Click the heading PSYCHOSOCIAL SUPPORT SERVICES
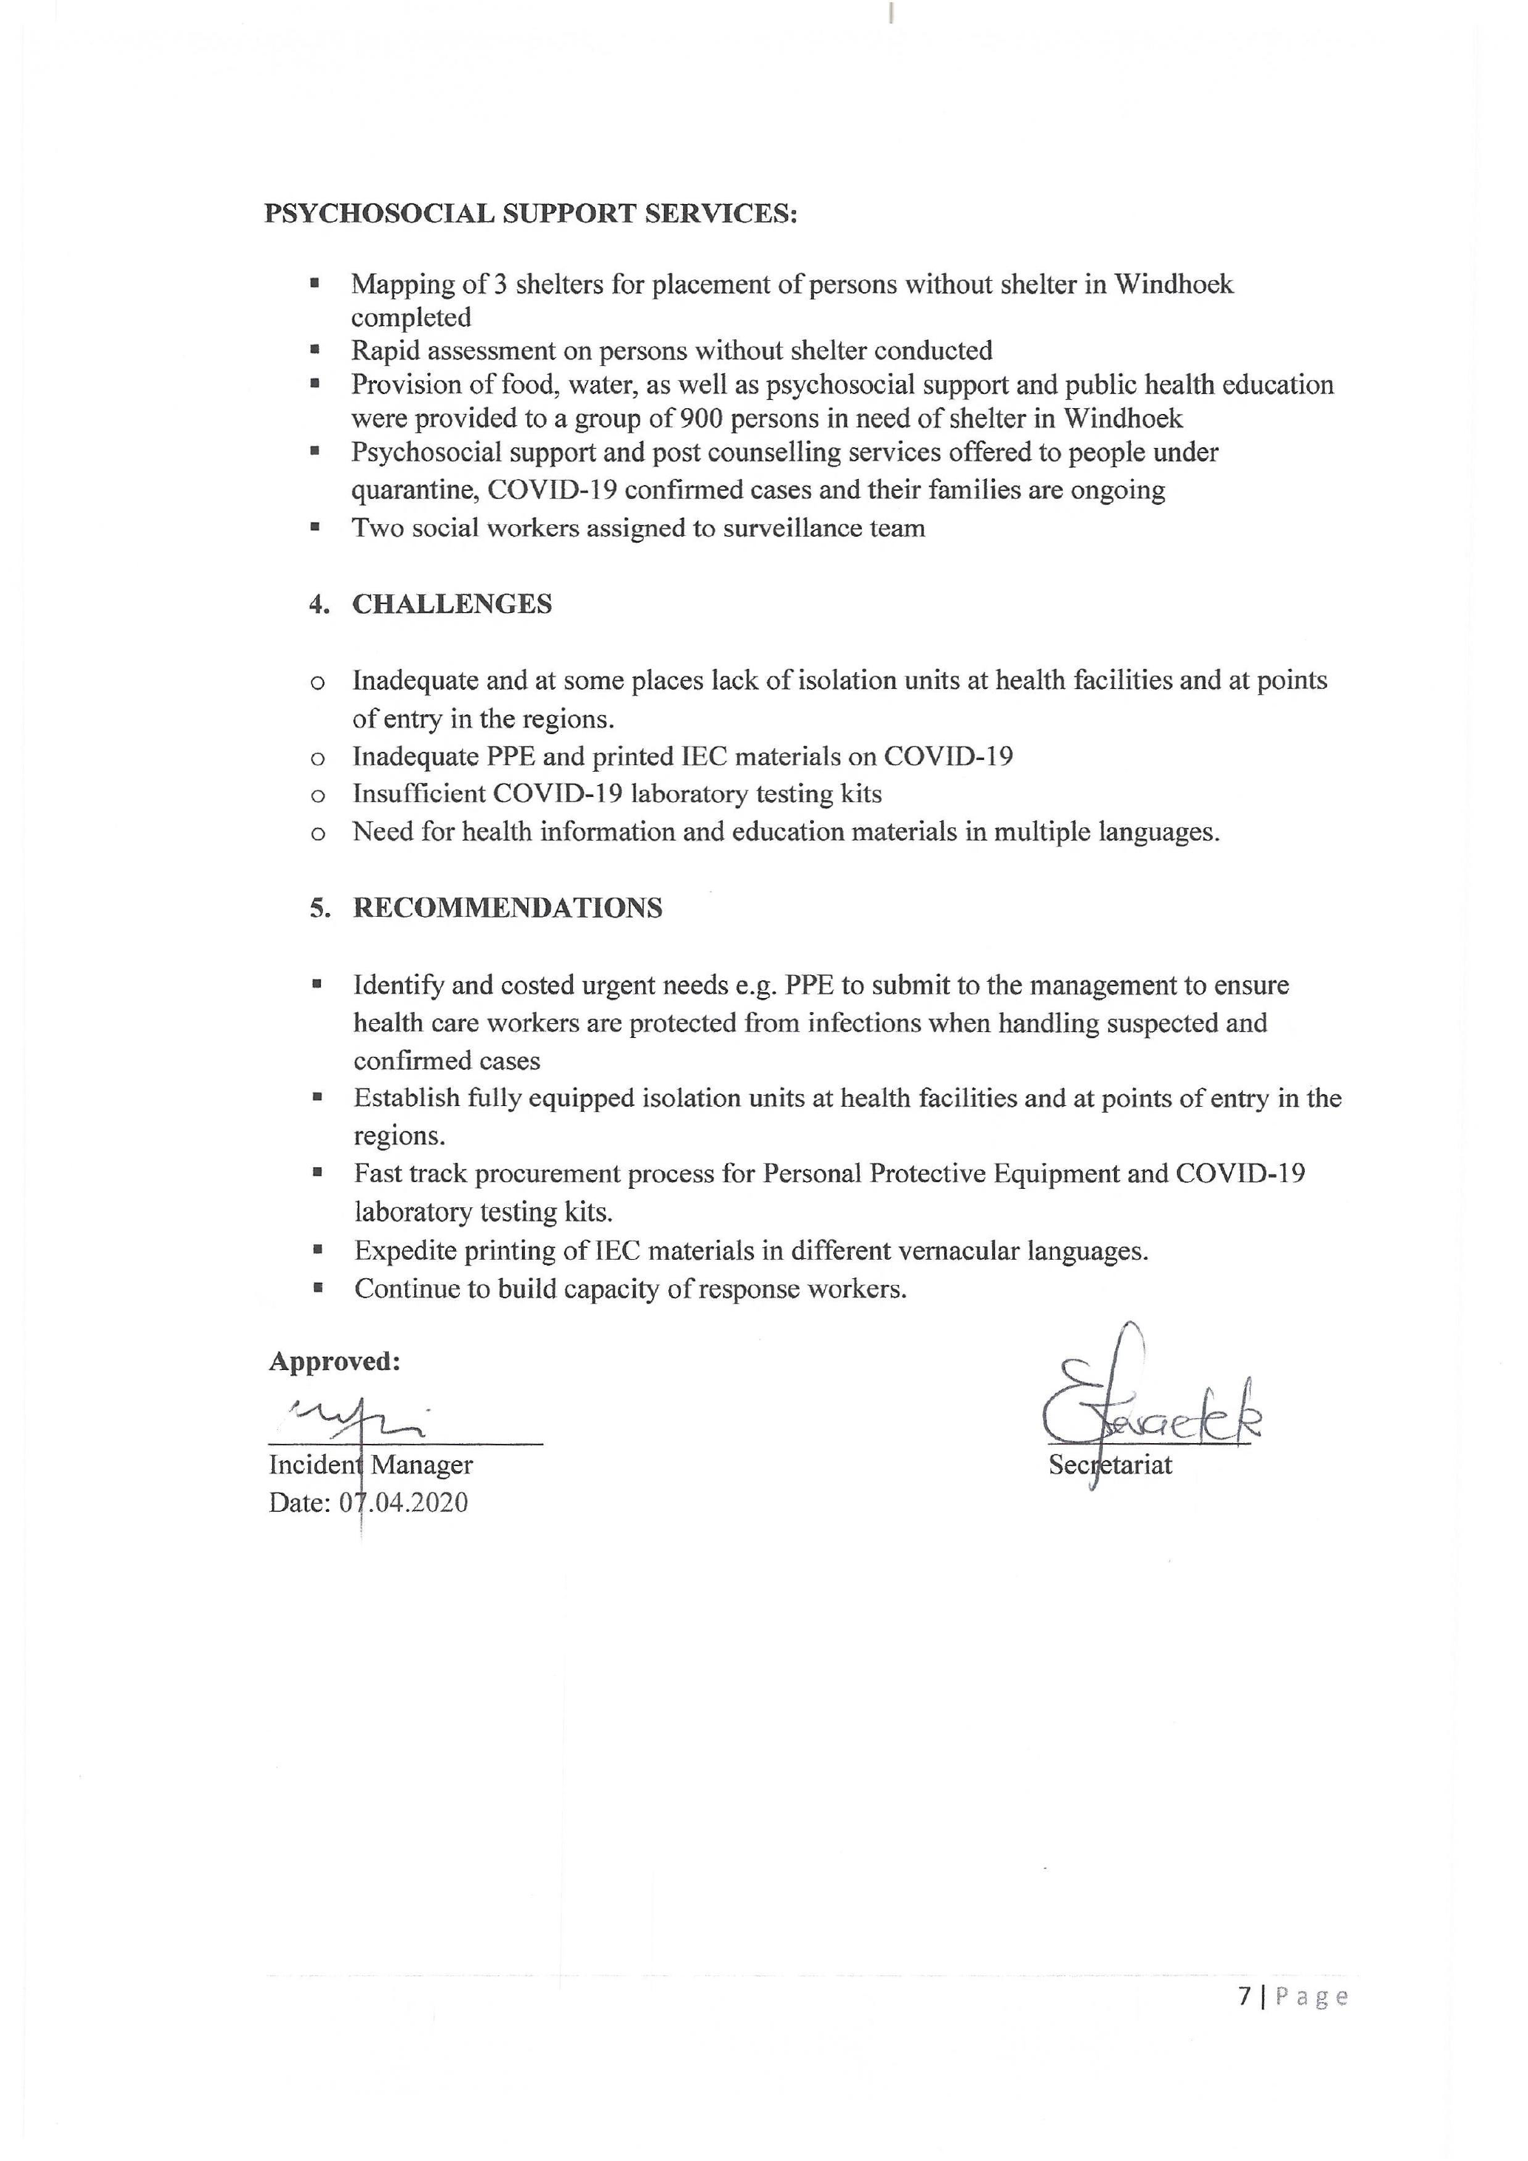coord(531,214)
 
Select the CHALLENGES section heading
coord(452,604)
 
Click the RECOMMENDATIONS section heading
coord(507,909)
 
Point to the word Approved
coord(334,1362)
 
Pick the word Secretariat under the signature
coord(1110,1465)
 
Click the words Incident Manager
coord(370,1465)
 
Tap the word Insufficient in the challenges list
coord(418,794)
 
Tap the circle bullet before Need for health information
coord(318,834)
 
